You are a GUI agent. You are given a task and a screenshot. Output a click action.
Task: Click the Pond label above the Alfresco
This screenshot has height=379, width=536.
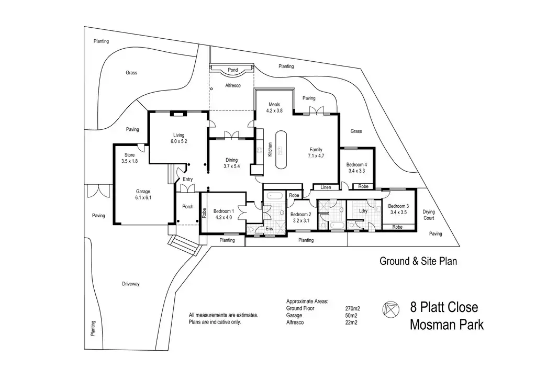[232, 70]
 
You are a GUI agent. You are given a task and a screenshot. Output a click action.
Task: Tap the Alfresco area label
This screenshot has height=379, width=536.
[232, 85]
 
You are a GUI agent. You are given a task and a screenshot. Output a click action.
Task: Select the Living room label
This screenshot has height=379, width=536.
[178, 138]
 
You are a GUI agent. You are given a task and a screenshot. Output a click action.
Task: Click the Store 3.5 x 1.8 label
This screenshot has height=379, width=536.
[129, 158]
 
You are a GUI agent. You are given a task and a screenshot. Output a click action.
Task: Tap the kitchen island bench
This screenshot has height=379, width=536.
[282, 150]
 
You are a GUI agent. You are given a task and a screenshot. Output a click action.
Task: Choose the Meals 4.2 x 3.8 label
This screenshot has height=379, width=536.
[274, 108]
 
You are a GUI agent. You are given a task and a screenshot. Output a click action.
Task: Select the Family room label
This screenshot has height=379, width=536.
[316, 153]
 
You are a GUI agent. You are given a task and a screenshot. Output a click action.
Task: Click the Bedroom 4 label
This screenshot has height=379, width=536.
[355, 168]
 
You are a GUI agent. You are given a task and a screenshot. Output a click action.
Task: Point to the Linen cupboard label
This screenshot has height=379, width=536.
[326, 187]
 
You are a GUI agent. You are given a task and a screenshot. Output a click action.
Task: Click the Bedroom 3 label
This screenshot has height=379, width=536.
[399, 209]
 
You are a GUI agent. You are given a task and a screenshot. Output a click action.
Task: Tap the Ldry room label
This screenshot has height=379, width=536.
[363, 211]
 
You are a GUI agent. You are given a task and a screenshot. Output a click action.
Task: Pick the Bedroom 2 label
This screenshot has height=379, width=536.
[300, 217]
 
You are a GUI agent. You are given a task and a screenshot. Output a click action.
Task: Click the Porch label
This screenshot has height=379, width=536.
[187, 207]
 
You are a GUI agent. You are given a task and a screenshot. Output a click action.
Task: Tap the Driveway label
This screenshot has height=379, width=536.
[131, 284]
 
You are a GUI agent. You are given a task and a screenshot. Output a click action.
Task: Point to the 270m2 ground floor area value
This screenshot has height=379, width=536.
[352, 308]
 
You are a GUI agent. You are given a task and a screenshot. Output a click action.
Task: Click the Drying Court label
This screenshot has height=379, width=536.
[429, 215]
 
